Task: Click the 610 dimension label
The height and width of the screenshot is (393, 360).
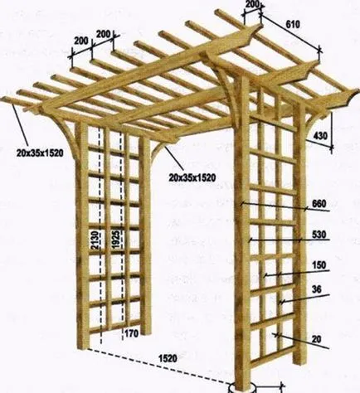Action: pyautogui.click(x=293, y=25)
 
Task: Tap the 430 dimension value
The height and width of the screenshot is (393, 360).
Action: pyautogui.click(x=320, y=136)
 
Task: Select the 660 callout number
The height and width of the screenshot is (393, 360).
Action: pyautogui.click(x=319, y=204)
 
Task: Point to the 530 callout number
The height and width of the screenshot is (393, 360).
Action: pyautogui.click(x=319, y=235)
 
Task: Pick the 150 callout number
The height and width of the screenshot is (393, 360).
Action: pyautogui.click(x=319, y=265)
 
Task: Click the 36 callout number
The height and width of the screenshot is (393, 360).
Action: pyautogui.click(x=317, y=289)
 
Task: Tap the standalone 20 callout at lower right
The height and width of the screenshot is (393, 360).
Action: pyautogui.click(x=317, y=339)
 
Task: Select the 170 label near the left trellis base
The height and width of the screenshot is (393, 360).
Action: pyautogui.click(x=131, y=333)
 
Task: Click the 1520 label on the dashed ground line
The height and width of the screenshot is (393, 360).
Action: pyautogui.click(x=168, y=358)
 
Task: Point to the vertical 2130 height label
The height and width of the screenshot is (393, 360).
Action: pyautogui.click(x=95, y=240)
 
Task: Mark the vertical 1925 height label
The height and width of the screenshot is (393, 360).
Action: pyautogui.click(x=116, y=240)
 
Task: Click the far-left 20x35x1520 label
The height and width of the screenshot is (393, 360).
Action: pyautogui.click(x=40, y=153)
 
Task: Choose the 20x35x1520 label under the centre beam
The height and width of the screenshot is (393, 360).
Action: pyautogui.click(x=192, y=177)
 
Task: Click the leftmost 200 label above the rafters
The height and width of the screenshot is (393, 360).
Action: pyautogui.click(x=81, y=41)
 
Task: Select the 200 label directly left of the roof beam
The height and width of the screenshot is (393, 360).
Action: pyautogui.click(x=103, y=34)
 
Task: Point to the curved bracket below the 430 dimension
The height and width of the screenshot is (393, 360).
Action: pyautogui.click(x=313, y=124)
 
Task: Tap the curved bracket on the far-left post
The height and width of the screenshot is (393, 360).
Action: pyautogui.click(x=68, y=138)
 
